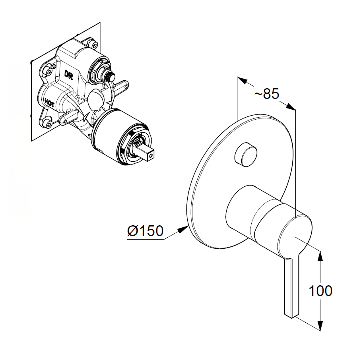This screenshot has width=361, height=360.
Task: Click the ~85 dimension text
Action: click(x=267, y=94)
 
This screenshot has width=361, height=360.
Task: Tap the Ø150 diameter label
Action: click(x=145, y=230)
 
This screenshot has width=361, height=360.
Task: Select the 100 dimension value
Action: click(x=320, y=290)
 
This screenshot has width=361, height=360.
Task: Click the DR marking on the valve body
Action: click(x=68, y=75)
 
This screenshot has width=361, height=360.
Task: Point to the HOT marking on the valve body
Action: click(x=50, y=103)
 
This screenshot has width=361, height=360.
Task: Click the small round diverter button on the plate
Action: click(x=245, y=154)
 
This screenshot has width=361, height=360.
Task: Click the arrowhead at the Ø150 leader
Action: click(x=184, y=229)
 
